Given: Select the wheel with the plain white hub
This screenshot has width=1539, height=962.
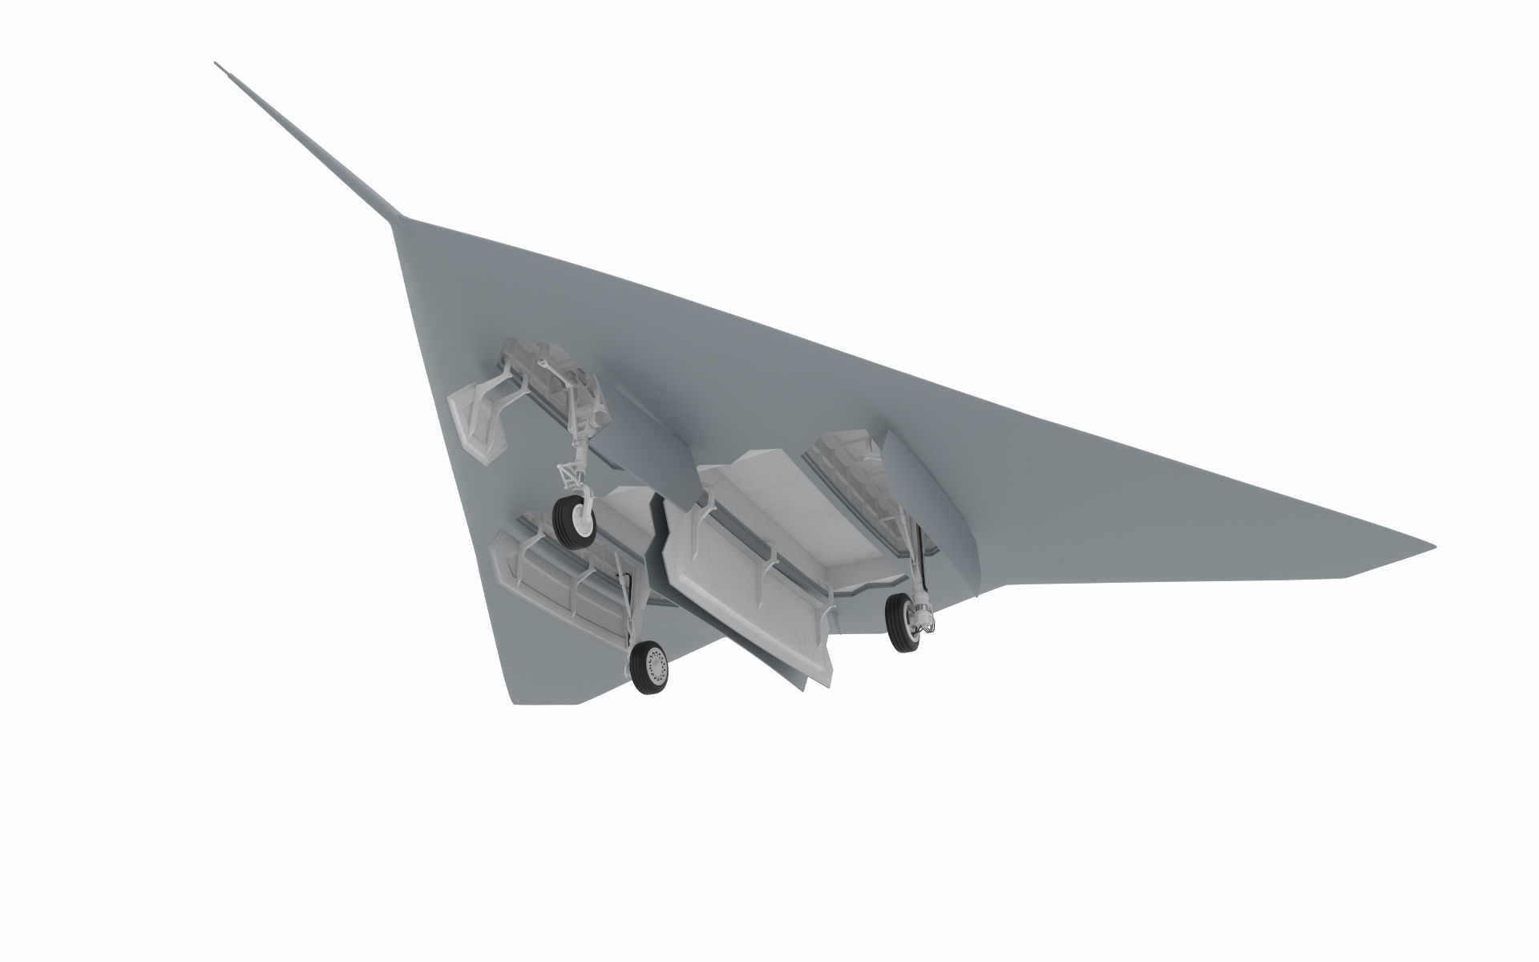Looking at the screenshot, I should (x=575, y=521).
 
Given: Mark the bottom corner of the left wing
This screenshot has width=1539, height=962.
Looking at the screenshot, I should (x=517, y=703).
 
